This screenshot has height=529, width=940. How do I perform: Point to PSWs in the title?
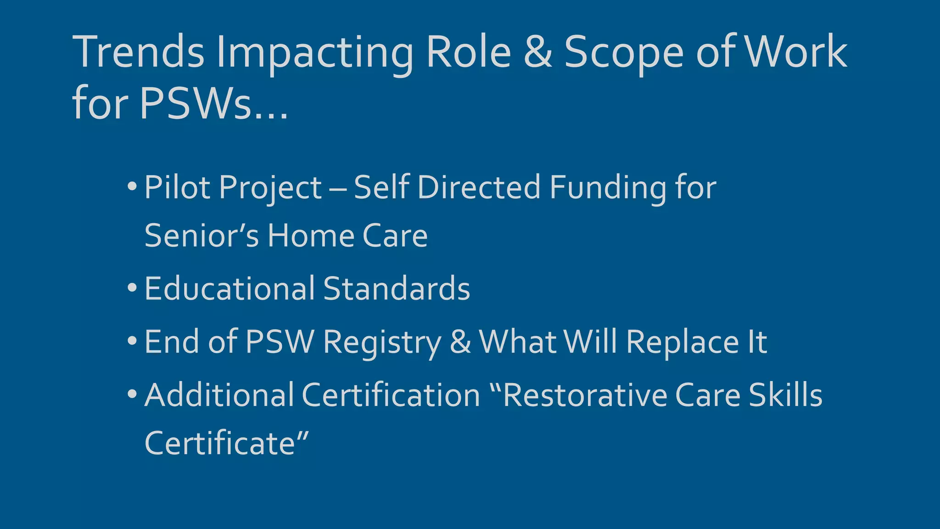[196, 103]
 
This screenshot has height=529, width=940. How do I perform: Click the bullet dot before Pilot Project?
[132, 187]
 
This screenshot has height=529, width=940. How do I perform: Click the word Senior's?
[201, 236]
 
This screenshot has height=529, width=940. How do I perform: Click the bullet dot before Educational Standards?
[132, 288]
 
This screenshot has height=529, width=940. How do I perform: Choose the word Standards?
[397, 288]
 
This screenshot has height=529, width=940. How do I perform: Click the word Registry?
[382, 343]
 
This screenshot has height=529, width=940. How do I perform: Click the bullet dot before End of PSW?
[132, 341]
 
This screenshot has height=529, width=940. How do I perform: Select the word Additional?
[219, 395]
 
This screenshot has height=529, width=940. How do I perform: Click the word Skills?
[785, 395]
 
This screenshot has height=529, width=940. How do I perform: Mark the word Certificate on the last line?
[220, 443]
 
